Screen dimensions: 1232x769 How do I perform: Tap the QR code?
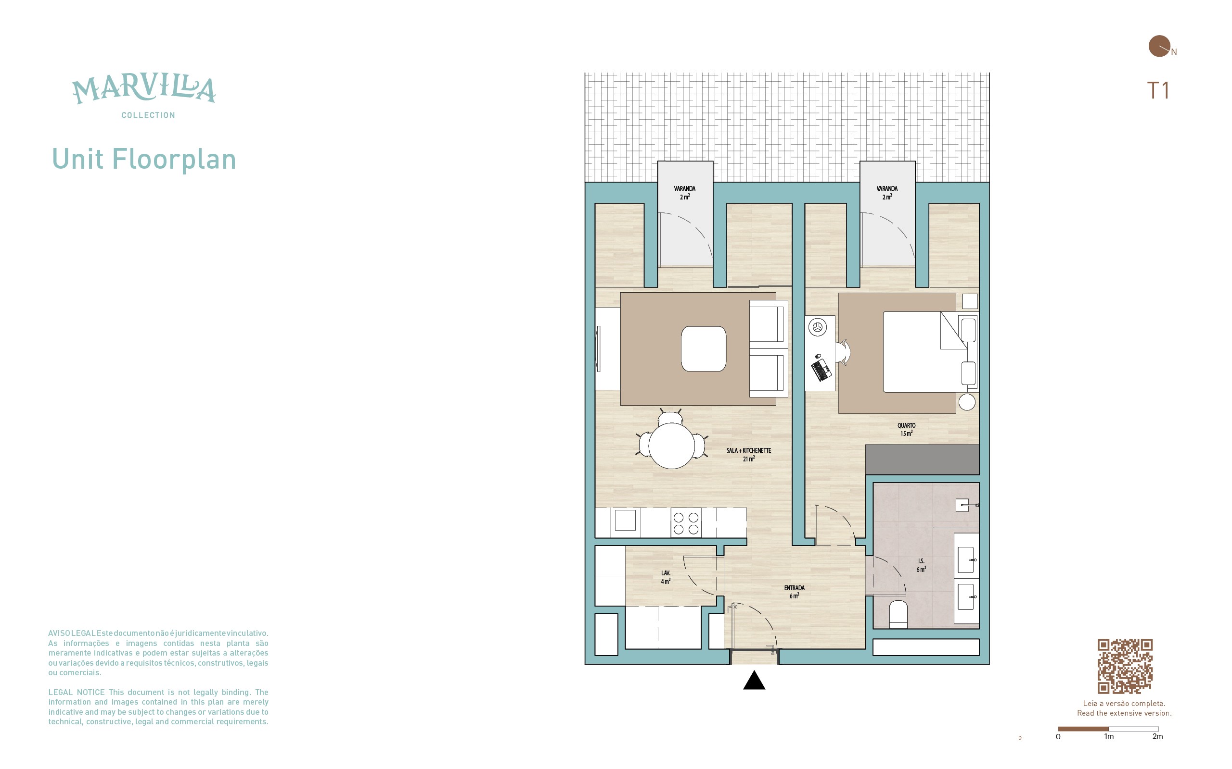[1125, 666]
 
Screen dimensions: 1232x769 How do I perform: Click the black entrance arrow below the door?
[754, 680]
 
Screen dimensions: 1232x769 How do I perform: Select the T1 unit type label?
[1158, 90]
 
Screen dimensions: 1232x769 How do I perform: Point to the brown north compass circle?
[1159, 46]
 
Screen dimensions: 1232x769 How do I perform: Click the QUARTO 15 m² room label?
[906, 429]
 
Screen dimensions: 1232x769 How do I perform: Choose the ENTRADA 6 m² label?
[794, 592]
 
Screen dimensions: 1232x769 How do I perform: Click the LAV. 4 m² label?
[666, 577]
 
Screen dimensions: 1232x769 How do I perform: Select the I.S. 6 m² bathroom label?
[921, 565]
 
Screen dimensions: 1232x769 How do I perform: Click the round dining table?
[671, 446]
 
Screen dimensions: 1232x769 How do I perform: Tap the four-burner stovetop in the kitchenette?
[686, 523]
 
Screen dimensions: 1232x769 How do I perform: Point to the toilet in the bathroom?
[898, 614]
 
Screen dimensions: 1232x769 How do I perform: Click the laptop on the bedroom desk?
[821, 370]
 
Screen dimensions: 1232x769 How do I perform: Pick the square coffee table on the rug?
[704, 349]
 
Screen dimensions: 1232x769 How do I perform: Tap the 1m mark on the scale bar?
[1109, 736]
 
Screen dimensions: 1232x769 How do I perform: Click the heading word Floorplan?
[174, 159]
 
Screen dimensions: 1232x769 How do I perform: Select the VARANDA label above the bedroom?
[887, 188]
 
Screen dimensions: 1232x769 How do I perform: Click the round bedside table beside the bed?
[967, 402]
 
